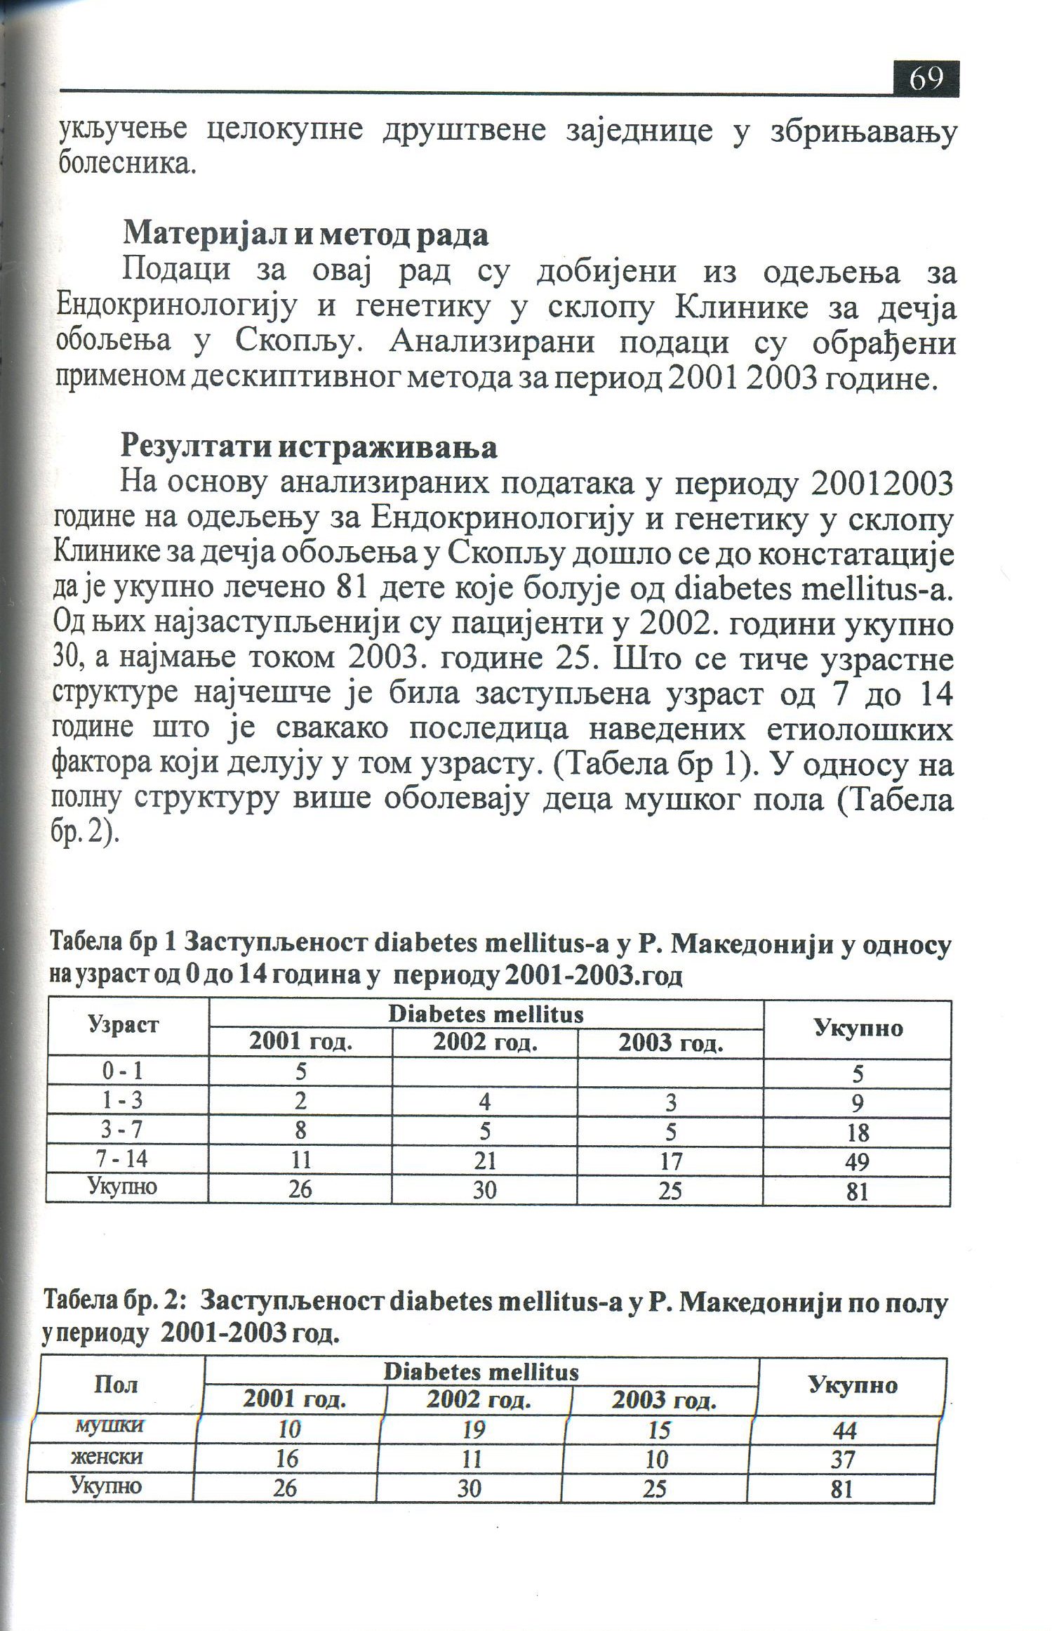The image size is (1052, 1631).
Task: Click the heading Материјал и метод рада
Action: click(305, 235)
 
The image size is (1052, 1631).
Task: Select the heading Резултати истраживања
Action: click(309, 447)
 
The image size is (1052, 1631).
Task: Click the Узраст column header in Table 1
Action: click(124, 1024)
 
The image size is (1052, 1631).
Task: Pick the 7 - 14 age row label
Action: click(124, 1158)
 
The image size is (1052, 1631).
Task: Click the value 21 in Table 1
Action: click(485, 1161)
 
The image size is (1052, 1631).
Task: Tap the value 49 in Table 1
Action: click(857, 1162)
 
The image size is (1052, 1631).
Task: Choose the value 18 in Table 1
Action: click(858, 1132)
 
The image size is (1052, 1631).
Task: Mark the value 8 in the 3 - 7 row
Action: click(300, 1130)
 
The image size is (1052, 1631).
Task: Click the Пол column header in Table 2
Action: click(116, 1385)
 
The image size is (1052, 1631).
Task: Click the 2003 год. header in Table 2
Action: click(664, 1401)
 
